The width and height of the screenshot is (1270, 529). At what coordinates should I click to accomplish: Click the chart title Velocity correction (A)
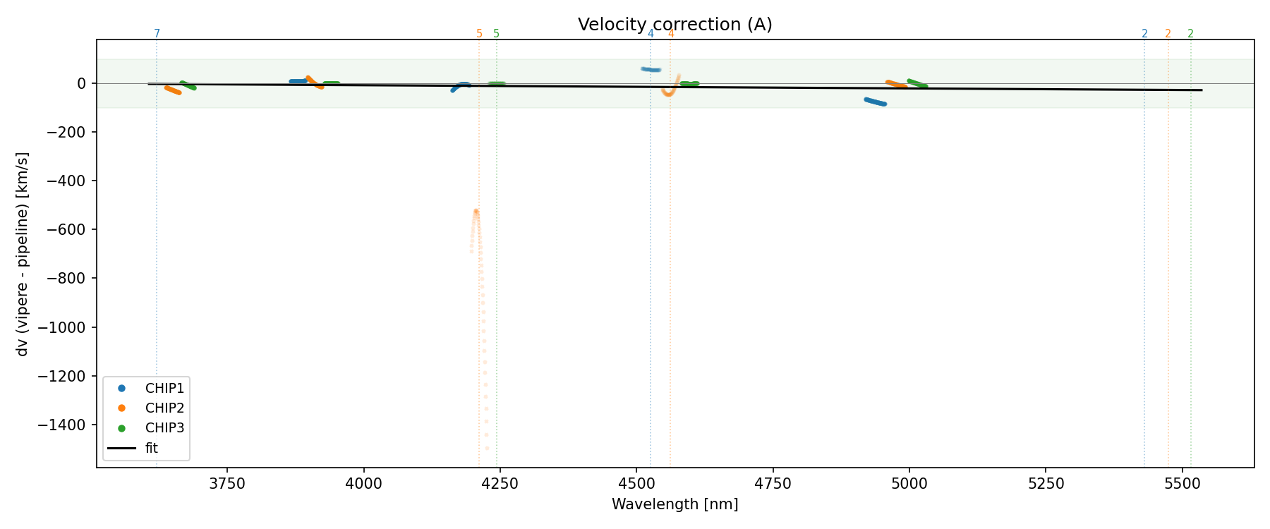pos(675,25)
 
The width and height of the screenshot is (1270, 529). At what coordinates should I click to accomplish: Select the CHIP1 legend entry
pos(164,388)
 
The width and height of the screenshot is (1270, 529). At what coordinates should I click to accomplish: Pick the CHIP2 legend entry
pos(164,408)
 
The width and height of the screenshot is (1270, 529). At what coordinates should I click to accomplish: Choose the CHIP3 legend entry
pos(164,427)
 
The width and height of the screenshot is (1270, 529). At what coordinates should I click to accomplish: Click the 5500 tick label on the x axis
pos(1182,484)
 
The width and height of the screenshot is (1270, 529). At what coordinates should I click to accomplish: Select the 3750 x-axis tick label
pos(227,484)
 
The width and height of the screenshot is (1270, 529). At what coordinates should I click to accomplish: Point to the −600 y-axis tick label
pos(69,230)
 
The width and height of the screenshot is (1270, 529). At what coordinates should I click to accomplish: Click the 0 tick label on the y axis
pos(82,83)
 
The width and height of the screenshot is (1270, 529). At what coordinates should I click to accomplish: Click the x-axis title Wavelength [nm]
pos(675,504)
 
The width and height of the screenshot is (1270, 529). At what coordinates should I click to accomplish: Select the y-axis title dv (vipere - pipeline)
pos(23,254)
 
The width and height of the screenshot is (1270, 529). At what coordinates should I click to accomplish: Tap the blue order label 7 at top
pos(157,34)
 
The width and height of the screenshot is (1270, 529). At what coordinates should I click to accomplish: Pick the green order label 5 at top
pos(496,34)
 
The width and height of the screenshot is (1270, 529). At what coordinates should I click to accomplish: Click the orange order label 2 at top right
pos(1168,34)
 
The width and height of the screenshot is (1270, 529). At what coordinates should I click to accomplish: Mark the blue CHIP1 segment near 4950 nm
pos(875,102)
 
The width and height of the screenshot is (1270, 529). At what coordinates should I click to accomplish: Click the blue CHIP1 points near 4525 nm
pos(651,69)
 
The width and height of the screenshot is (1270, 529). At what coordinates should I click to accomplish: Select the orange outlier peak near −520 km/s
pos(476,212)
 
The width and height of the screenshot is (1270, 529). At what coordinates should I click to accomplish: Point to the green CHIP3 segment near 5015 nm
pos(917,83)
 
